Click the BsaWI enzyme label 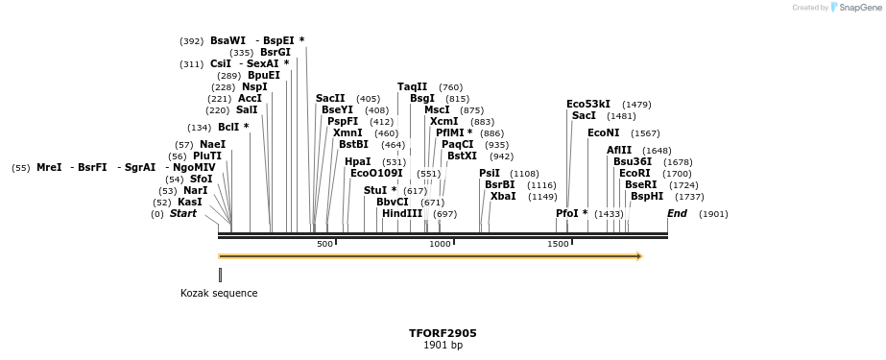click(x=227, y=41)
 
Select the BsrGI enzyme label click(x=275, y=53)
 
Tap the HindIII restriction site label click(x=401, y=214)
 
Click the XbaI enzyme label click(x=503, y=196)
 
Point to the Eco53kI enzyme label click(x=587, y=104)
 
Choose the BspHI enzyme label click(x=646, y=196)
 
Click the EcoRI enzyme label click(x=635, y=174)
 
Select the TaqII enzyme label click(x=413, y=87)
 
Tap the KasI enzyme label click(x=190, y=203)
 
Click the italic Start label click(x=182, y=214)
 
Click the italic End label click(x=677, y=214)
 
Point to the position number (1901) click(x=713, y=214)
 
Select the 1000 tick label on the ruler click(x=440, y=244)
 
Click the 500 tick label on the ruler click(x=325, y=244)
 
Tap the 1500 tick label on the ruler click(x=558, y=244)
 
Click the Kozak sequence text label click(x=219, y=293)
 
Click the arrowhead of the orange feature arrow click(x=639, y=256)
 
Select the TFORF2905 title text click(x=443, y=333)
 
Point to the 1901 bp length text click(x=443, y=346)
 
